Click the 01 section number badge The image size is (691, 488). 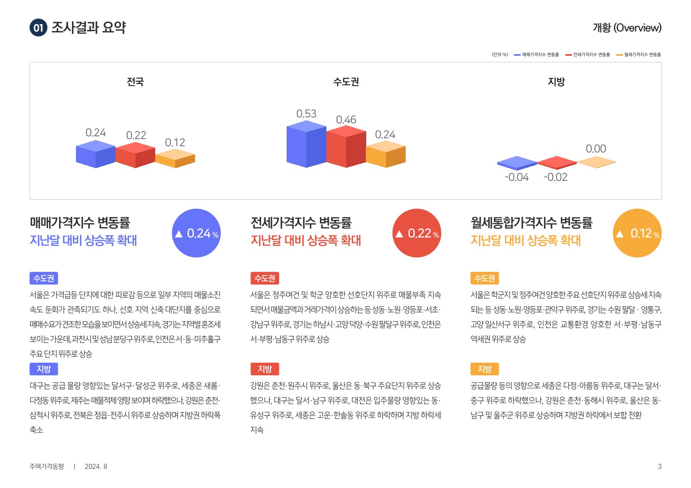[x=38, y=28]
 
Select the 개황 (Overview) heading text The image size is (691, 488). [x=627, y=28]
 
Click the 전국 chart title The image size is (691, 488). [x=135, y=82]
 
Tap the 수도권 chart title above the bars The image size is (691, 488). [x=346, y=82]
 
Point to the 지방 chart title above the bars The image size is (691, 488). [x=556, y=82]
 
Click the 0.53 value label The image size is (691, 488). [x=306, y=114]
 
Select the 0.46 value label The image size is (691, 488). [x=346, y=120]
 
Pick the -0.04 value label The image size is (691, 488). [x=517, y=177]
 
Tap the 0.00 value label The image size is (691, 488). [x=596, y=148]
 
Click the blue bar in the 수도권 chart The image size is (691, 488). [x=306, y=146]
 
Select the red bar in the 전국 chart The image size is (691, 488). [x=135, y=156]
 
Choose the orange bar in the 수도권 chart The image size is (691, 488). [x=386, y=155]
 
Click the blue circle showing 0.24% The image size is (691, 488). [x=196, y=233]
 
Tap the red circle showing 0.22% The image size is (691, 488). [x=417, y=233]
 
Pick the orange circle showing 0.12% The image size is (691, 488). [x=637, y=233]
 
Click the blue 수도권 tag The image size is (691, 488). [x=44, y=278]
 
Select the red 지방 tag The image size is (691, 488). [x=264, y=369]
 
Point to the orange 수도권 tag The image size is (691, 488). [x=484, y=278]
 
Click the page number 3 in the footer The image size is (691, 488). [x=659, y=466]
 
